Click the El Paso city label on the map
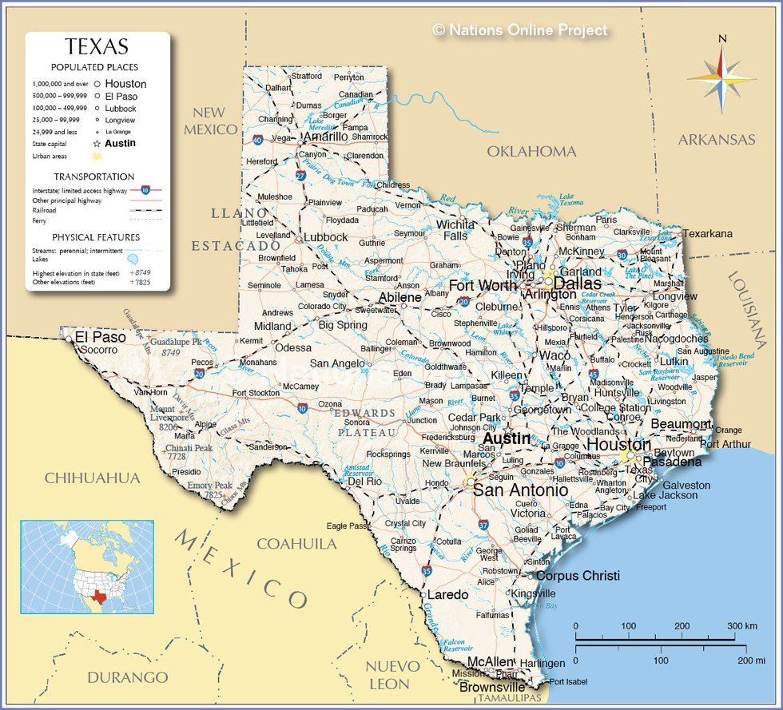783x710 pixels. coord(101,337)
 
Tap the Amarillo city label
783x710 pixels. coord(325,137)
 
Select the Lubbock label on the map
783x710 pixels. coord(325,237)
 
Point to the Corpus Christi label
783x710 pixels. coord(578,575)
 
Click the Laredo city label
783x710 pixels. coord(448,595)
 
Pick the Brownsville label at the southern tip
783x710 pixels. coord(492,687)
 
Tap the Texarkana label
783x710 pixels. coord(708,233)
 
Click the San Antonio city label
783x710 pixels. coord(520,490)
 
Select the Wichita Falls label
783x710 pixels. coord(455,230)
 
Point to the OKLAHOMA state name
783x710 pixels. coord(531,151)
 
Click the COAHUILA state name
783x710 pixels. coord(296,544)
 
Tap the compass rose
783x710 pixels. coord(721,77)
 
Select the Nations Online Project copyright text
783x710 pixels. coord(520,30)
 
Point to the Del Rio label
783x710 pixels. coord(365,482)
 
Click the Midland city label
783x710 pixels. coord(272,326)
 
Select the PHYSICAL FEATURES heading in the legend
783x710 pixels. coord(96,237)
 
